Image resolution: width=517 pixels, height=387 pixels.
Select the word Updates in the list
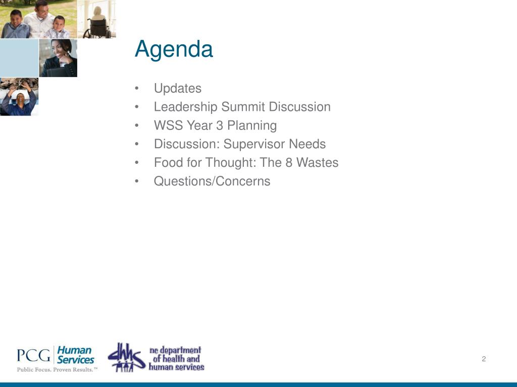tap(178, 89)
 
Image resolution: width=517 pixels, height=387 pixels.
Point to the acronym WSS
tap(167, 125)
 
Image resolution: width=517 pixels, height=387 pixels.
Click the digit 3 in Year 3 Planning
tap(220, 125)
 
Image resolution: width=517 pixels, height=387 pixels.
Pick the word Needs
tap(307, 144)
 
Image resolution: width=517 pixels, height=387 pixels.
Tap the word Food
tap(168, 163)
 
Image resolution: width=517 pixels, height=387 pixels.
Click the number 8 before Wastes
tap(289, 163)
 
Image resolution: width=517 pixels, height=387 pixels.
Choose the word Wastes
tap(317, 163)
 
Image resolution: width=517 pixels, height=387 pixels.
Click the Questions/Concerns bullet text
tap(212, 181)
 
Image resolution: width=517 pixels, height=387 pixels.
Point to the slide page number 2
tap(484, 359)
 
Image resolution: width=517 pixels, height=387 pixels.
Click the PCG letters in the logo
tap(34, 355)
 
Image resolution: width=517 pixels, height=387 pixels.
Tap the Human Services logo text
tap(76, 355)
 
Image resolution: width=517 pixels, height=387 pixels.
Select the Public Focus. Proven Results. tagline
tap(57, 369)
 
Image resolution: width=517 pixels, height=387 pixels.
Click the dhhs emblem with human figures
tap(127, 357)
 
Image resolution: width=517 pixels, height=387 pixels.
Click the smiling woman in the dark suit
tap(60, 58)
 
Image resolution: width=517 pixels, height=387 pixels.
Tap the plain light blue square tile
tap(19, 58)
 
